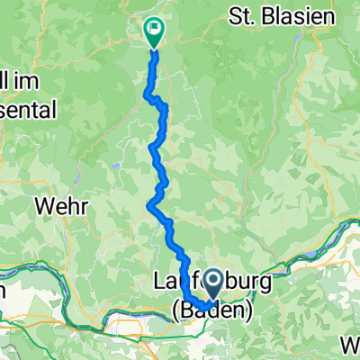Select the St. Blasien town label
point(282,15)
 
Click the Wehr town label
point(62,206)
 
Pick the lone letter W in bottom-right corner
point(350,342)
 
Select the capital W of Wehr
point(44,206)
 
